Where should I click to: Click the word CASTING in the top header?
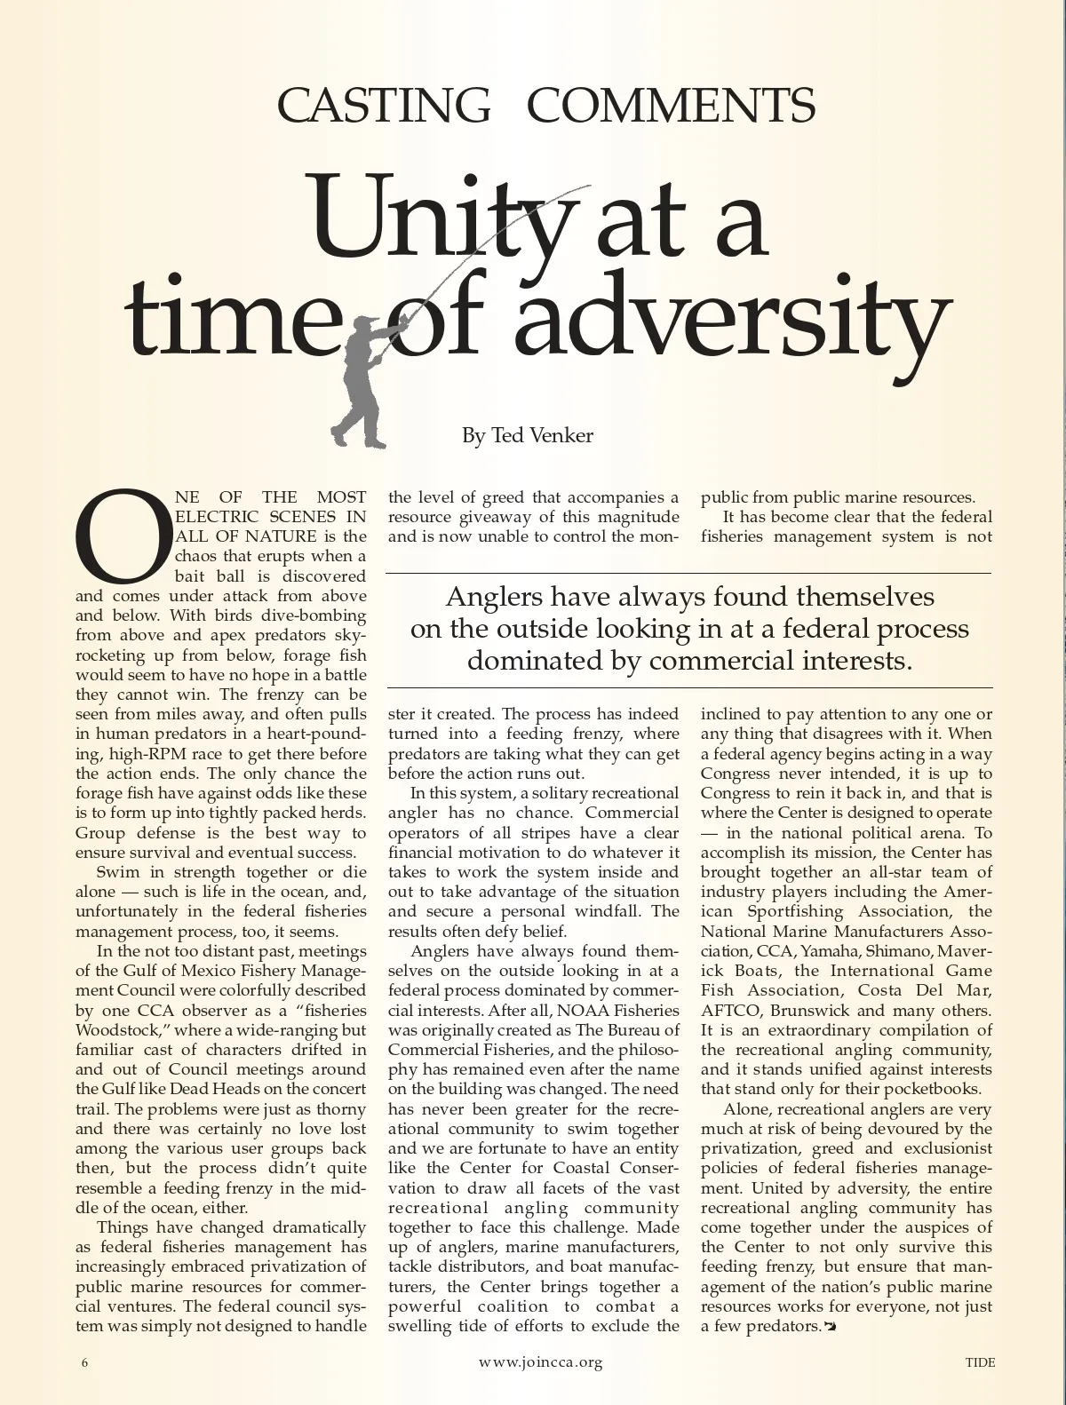coord(384,106)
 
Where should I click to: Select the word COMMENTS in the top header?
coord(672,106)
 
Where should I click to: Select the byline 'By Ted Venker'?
coord(527,435)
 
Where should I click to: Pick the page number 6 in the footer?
coord(85,1362)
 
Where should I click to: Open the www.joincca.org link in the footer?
coord(540,1362)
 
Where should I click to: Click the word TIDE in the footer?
coord(981,1362)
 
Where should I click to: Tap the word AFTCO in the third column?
coord(731,1011)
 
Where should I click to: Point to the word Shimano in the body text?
coord(891,951)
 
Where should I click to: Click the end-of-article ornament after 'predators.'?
coord(831,1327)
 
